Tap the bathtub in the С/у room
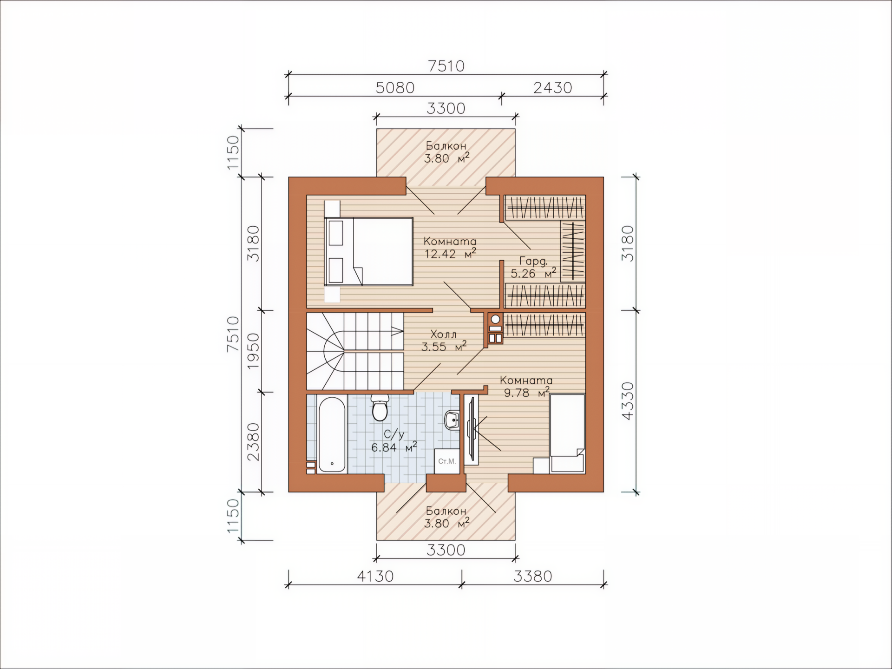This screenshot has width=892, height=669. (332, 434)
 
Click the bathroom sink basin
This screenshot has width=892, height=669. (452, 420)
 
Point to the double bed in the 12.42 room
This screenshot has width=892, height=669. (368, 251)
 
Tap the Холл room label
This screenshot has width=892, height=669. (444, 334)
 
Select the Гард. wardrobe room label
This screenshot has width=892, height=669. (533, 261)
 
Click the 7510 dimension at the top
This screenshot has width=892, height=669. (446, 66)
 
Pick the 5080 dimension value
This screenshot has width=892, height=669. (395, 88)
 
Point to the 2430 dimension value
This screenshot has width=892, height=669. (552, 88)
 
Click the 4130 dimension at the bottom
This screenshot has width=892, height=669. (375, 576)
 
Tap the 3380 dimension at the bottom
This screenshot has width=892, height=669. (533, 576)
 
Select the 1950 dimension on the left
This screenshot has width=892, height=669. (253, 351)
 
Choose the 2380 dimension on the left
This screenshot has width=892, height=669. (253, 442)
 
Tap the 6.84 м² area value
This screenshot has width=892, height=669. (394, 447)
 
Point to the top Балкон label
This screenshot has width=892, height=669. (446, 146)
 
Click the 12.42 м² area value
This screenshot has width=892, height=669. (450, 254)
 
